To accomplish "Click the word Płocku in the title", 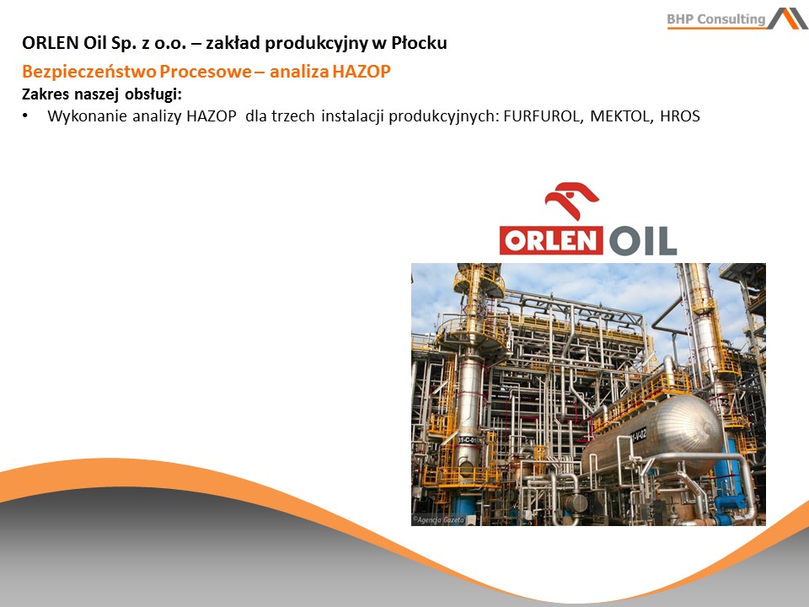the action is tap(419, 43).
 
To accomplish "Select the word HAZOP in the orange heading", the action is tap(362, 71).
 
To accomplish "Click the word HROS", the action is tap(680, 116).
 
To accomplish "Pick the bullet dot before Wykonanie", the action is tap(24, 116).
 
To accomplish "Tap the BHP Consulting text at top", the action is tap(716, 19).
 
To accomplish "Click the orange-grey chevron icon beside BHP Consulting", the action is tap(788, 18).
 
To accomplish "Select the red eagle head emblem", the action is tap(571, 200).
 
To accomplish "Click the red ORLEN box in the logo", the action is tap(551, 241).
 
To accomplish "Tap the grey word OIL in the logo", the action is tap(642, 240).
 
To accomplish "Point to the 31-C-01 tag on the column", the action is tap(468, 440).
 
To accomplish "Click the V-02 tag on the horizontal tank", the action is tap(638, 435).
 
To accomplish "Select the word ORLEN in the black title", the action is tap(50, 43).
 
